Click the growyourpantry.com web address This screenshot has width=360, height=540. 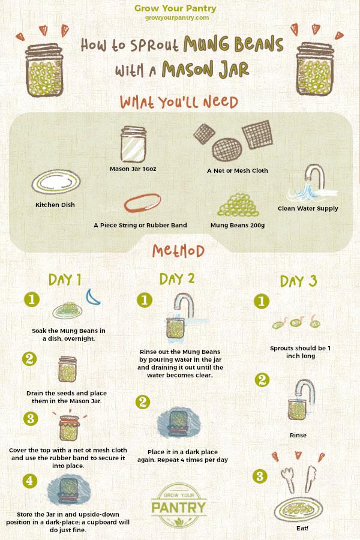[x=177, y=17]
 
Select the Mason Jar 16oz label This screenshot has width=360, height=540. [x=133, y=169]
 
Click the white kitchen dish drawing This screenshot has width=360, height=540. [x=56, y=182]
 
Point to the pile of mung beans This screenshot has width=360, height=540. [x=238, y=205]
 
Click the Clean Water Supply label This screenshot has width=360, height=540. [x=308, y=208]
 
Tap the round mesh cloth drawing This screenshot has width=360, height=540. [x=227, y=149]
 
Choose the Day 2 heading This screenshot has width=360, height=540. [x=177, y=278]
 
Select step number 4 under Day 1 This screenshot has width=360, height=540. [x=30, y=481]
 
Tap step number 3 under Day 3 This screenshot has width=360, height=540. [x=260, y=476]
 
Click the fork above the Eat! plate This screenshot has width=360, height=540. [x=287, y=479]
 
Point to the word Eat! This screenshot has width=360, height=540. [x=302, y=528]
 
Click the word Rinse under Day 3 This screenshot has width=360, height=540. [x=298, y=436]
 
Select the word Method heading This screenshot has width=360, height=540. [x=178, y=251]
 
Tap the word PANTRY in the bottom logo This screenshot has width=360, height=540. [x=178, y=507]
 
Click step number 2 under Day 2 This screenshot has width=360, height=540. [x=143, y=402]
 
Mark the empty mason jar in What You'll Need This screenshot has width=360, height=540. [x=134, y=144]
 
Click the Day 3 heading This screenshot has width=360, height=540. [x=298, y=281]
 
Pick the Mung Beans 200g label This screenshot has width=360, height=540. [x=238, y=225]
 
